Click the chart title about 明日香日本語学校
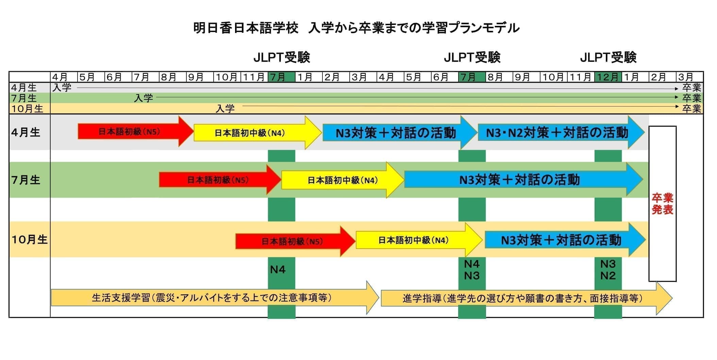point(356,28)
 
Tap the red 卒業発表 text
point(662,204)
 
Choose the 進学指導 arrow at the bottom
point(522,298)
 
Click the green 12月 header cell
point(608,77)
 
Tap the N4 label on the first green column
point(278,269)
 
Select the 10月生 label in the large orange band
point(29,240)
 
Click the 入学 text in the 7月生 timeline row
point(143,98)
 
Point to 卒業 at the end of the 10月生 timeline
point(691,109)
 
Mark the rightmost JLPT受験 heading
point(608,58)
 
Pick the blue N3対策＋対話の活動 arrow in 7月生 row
point(519,180)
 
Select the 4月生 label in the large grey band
point(26,132)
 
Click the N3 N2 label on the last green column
point(608,269)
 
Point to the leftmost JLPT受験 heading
point(282,58)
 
